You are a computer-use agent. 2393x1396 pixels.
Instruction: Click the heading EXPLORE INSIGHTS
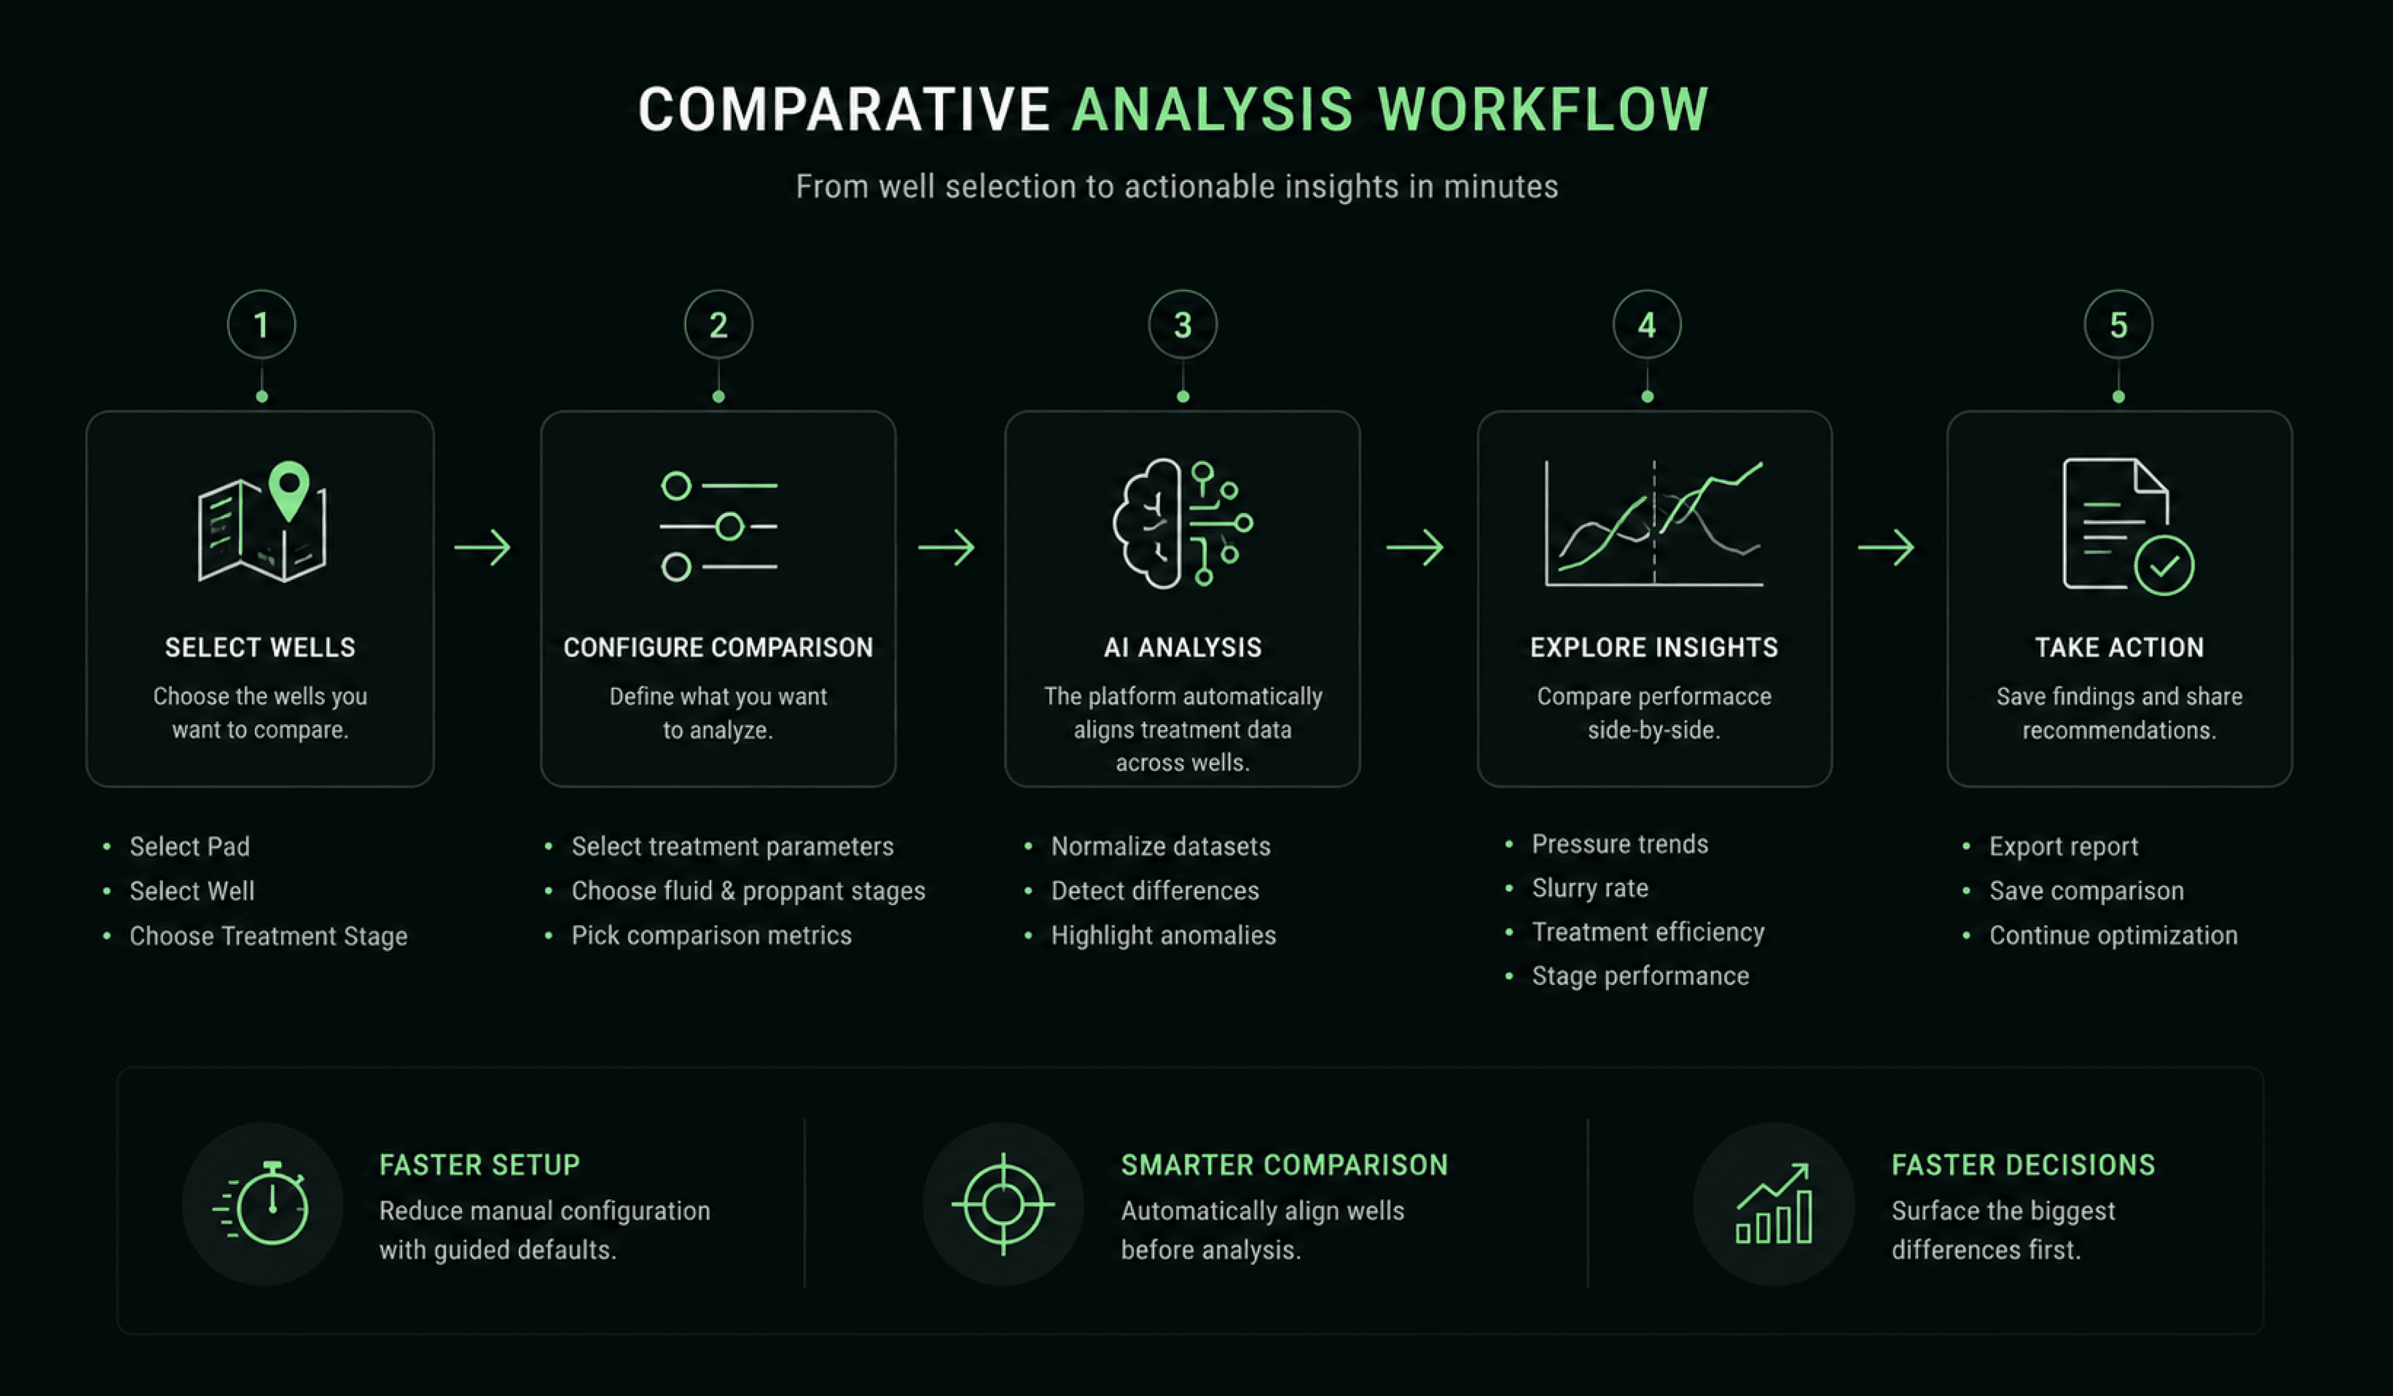pos(1653,648)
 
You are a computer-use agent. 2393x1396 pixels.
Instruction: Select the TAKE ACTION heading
pos(2119,648)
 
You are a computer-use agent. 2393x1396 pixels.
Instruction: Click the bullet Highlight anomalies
pos(1163,936)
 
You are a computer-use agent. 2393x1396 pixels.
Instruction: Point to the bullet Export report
pos(2063,846)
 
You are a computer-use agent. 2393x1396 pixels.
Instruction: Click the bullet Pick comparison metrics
pos(711,936)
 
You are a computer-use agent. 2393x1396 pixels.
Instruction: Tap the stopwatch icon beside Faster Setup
pos(262,1203)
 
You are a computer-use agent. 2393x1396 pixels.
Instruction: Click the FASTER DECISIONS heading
pos(2023,1165)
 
